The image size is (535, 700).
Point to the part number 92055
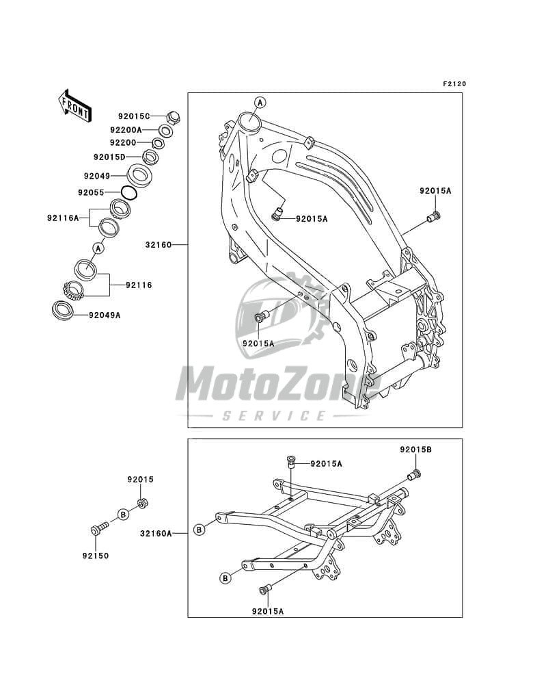pos(92,192)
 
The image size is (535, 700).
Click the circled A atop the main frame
pos(259,103)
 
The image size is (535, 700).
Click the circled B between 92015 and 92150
pos(122,513)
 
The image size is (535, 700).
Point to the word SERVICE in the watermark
pos(275,415)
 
